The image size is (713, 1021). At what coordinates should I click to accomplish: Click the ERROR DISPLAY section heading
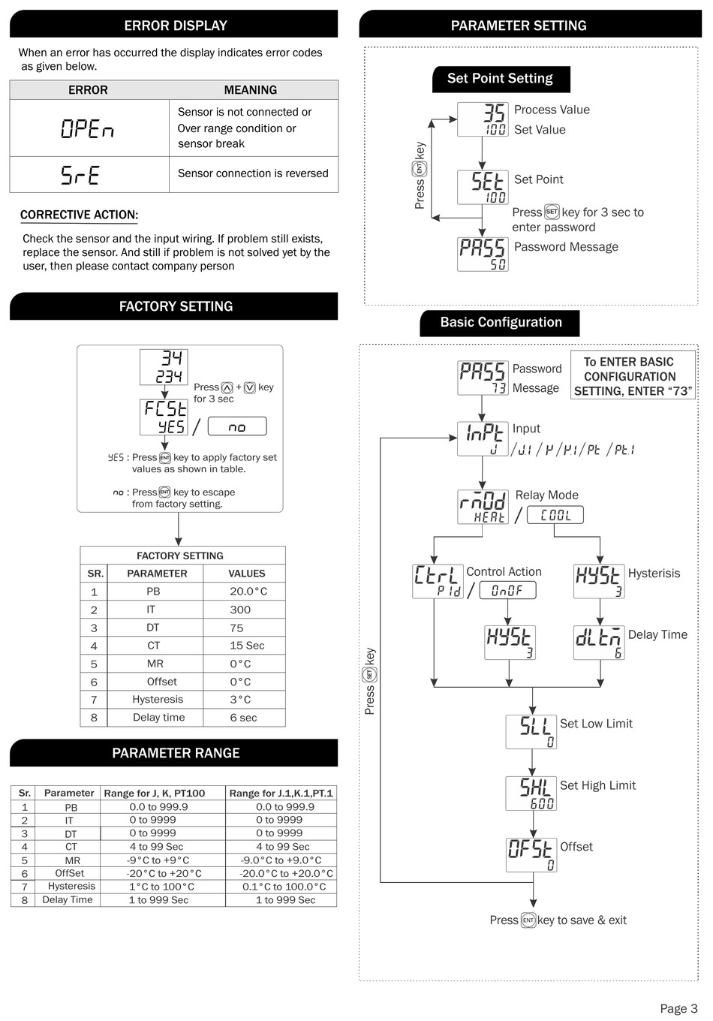click(175, 26)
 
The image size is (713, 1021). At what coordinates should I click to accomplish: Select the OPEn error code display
click(88, 129)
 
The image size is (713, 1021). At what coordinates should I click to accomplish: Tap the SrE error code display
click(80, 175)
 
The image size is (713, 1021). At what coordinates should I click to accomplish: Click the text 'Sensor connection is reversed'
click(253, 173)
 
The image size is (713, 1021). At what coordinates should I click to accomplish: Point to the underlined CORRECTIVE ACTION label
click(79, 215)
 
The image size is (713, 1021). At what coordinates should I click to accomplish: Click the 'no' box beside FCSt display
click(236, 426)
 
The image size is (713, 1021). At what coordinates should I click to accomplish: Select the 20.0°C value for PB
click(248, 592)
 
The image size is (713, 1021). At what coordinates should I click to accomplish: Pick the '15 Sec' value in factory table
click(247, 646)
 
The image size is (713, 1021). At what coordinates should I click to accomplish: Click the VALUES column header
click(246, 574)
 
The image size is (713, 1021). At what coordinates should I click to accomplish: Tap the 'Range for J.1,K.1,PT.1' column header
click(281, 793)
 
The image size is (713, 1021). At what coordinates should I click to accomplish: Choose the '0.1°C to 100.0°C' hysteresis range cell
click(284, 887)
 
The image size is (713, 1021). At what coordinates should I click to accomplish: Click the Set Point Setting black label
click(500, 79)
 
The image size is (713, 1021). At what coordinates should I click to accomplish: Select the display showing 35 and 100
click(483, 119)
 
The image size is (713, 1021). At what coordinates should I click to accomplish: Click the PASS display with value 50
click(483, 254)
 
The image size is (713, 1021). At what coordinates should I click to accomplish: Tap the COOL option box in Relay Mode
click(555, 516)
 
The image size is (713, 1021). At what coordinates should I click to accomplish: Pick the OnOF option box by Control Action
click(507, 591)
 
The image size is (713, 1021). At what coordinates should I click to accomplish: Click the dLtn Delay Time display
click(598, 643)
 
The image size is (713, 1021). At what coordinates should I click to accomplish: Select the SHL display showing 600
click(531, 793)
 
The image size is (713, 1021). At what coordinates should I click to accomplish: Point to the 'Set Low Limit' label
click(596, 724)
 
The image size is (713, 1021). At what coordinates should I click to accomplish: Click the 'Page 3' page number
click(678, 1008)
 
